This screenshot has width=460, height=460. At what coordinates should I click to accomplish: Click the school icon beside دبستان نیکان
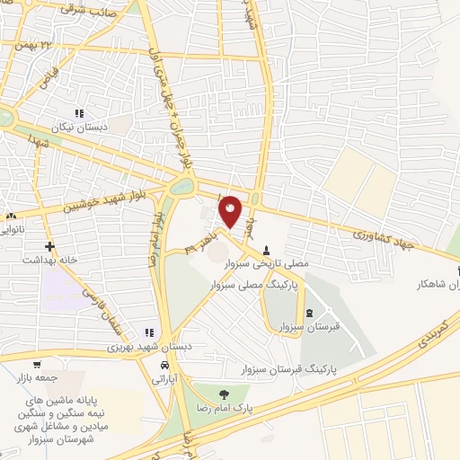tap(79, 114)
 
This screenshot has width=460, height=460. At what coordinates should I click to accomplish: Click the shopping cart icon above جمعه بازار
tap(36, 364)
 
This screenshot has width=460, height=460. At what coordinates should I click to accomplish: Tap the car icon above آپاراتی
tap(164, 367)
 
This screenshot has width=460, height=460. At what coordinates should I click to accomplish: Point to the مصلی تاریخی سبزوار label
tap(265, 264)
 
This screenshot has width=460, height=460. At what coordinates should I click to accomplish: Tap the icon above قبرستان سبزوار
tap(310, 313)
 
